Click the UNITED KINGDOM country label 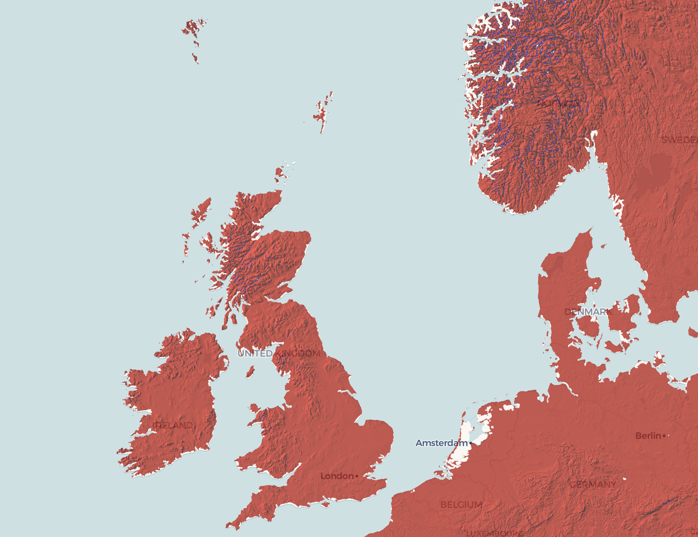279,353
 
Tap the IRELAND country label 174,425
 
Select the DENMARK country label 588,312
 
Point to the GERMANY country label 593,484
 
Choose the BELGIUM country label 461,505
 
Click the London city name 337,476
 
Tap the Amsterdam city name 441,443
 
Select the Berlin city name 648,436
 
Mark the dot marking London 357,476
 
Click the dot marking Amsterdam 471,443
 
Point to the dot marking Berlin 664,436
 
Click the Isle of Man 250,372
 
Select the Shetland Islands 322,112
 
